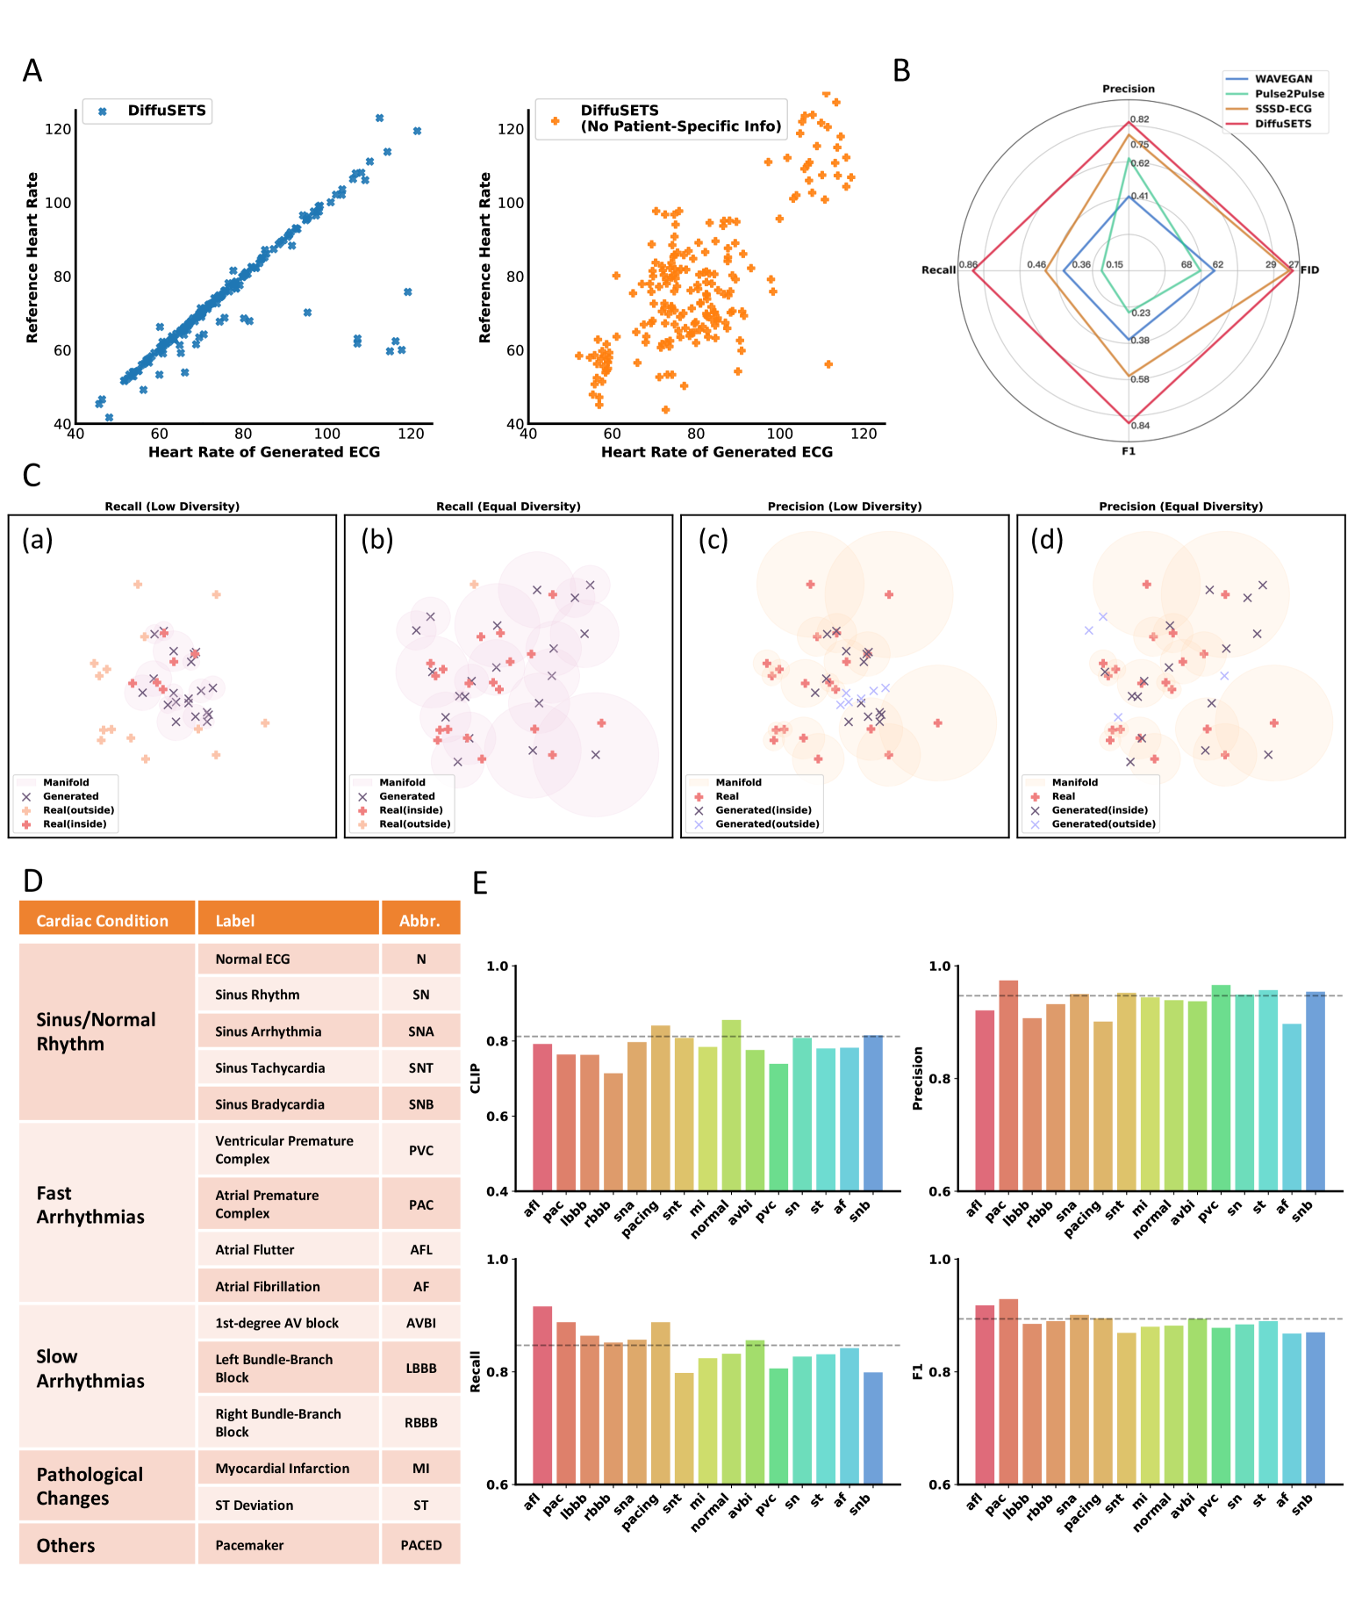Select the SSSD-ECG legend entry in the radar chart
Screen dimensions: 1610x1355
(1282, 109)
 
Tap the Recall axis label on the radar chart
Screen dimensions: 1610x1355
(937, 270)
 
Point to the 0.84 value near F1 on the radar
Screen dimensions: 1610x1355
(1140, 426)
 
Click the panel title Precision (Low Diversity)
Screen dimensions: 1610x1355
(844, 507)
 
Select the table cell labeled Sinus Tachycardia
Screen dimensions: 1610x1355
(270, 1067)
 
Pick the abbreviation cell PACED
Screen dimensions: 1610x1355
(421, 1545)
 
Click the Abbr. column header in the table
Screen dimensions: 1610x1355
(419, 920)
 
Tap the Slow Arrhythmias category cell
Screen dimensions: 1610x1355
(90, 1369)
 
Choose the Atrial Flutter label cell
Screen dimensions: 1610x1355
(255, 1249)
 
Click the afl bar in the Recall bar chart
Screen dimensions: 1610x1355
(542, 1395)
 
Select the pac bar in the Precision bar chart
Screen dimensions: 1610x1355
(1008, 1085)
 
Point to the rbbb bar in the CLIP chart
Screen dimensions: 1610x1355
(613, 1132)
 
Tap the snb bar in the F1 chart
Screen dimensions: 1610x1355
(1316, 1408)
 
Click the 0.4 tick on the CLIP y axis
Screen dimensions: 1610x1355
(498, 1191)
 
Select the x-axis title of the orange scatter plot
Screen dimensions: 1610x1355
(716, 452)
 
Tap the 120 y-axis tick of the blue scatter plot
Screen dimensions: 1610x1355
(58, 129)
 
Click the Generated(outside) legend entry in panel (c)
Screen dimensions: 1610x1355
(767, 824)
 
